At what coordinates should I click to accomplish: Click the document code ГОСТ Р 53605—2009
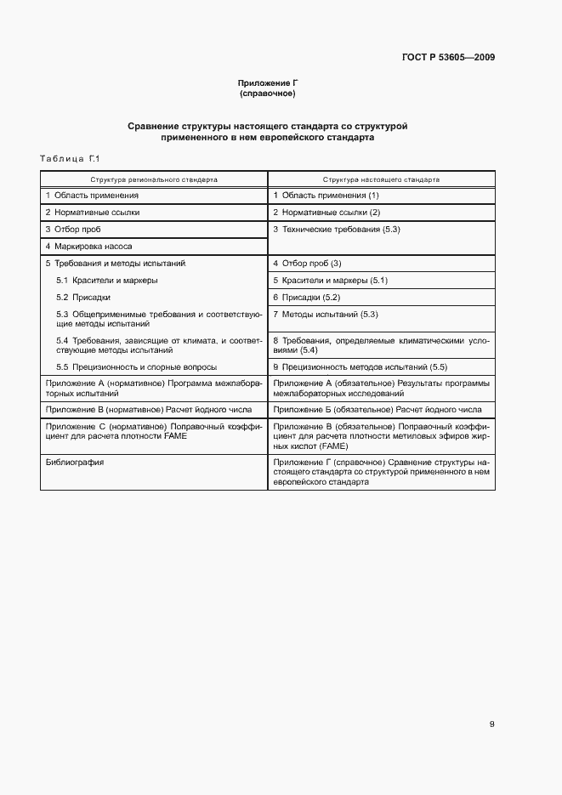point(448,58)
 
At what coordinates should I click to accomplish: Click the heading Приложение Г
point(267,82)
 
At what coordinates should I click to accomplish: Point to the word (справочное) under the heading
point(267,93)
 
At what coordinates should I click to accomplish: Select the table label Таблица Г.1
point(71,159)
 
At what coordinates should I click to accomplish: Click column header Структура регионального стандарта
point(154,180)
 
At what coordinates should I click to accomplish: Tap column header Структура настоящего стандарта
point(381,180)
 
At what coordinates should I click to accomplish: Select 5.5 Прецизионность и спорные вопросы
point(136,366)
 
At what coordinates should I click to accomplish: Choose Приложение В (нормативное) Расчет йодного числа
point(145,409)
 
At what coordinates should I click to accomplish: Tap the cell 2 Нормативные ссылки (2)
point(315,212)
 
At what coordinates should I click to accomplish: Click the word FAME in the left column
point(176,435)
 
